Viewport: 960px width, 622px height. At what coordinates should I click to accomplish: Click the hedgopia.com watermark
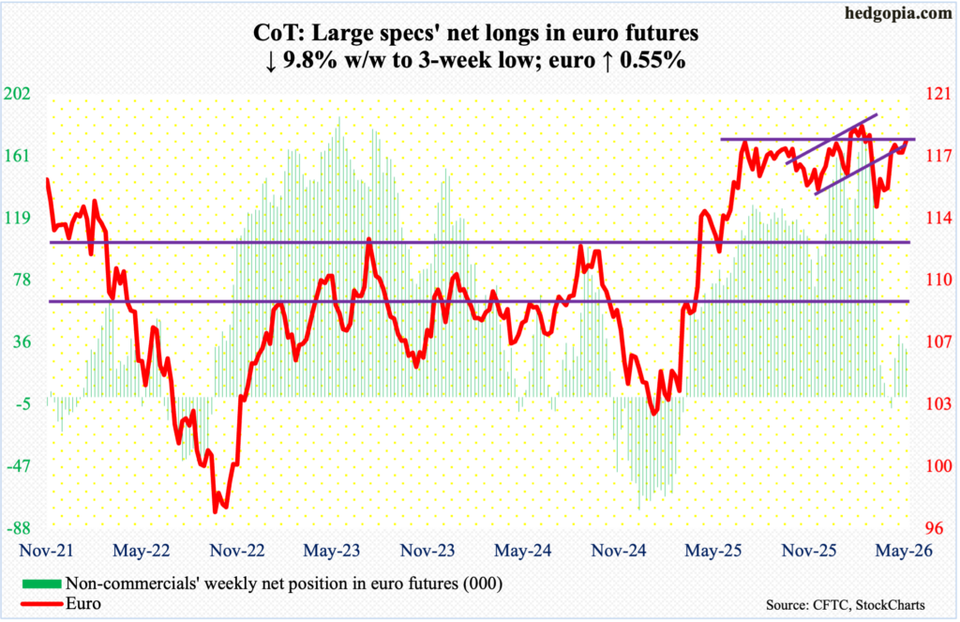click(898, 13)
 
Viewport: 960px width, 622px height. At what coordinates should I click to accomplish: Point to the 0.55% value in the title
click(652, 61)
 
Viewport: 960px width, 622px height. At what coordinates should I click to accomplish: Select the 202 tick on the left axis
click(17, 95)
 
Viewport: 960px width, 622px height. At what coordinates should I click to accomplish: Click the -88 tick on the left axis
click(20, 528)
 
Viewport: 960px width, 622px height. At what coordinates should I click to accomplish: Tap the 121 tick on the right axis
click(938, 95)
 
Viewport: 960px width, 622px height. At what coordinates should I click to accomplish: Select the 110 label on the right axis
click(938, 281)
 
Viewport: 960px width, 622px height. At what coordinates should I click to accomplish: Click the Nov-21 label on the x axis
click(47, 551)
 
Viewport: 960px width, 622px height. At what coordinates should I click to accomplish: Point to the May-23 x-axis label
click(332, 551)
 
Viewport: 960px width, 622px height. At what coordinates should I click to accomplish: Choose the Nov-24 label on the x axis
click(619, 551)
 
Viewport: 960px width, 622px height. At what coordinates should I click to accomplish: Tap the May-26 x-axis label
click(905, 551)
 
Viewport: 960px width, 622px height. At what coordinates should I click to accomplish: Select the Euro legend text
click(83, 603)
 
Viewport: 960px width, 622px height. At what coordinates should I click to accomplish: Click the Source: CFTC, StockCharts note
click(846, 605)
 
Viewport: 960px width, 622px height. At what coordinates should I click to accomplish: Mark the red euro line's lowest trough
click(215, 512)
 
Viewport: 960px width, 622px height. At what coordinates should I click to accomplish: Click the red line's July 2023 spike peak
click(368, 239)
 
